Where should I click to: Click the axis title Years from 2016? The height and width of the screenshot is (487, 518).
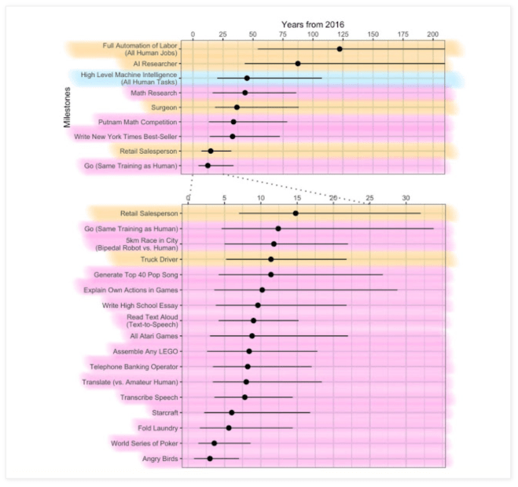pyautogui.click(x=313, y=24)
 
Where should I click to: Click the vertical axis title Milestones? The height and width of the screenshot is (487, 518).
pyautogui.click(x=68, y=108)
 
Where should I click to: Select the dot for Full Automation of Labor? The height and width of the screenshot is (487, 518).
pyautogui.click(x=340, y=49)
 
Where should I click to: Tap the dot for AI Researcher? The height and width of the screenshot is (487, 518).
pyautogui.click(x=298, y=64)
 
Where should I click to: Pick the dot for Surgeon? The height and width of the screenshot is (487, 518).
pyautogui.click(x=237, y=108)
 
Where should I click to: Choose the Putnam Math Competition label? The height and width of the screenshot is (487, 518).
pyautogui.click(x=138, y=122)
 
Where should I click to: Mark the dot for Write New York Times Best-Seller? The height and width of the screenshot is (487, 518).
pyautogui.click(x=232, y=137)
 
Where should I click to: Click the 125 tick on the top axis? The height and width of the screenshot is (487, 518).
pyautogui.click(x=343, y=35)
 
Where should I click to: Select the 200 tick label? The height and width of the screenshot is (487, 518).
pyautogui.click(x=433, y=35)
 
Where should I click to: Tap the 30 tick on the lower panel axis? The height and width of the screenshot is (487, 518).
pyautogui.click(x=406, y=196)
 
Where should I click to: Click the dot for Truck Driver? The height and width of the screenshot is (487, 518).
pyautogui.click(x=271, y=259)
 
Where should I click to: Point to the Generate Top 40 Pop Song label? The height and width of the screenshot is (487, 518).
pyautogui.click(x=136, y=275)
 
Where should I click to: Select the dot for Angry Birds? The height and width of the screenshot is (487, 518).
pyautogui.click(x=210, y=459)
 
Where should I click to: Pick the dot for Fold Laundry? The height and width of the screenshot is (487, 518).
pyautogui.click(x=229, y=428)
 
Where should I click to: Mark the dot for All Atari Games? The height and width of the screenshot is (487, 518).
pyautogui.click(x=252, y=336)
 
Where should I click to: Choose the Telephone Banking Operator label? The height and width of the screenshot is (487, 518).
pyautogui.click(x=134, y=367)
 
